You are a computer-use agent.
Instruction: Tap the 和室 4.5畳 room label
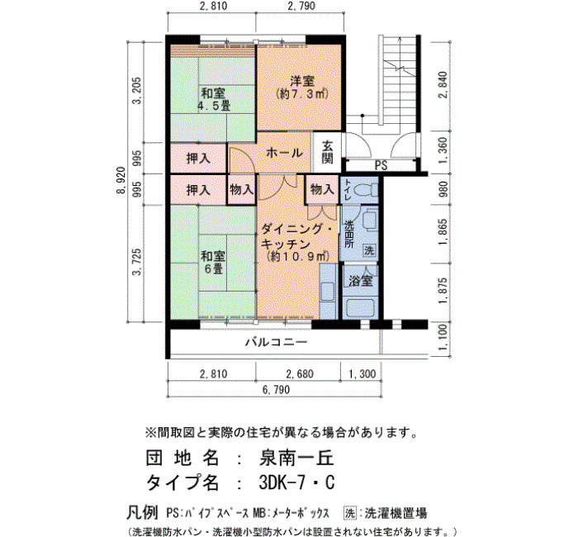[213, 99]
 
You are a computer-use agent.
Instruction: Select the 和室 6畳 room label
[213, 262]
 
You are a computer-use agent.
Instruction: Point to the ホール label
[284, 152]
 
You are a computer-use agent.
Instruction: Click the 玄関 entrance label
[327, 152]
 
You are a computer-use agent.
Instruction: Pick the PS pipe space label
[381, 165]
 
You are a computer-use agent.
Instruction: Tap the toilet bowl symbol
[366, 190]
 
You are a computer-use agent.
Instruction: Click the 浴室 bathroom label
[361, 281]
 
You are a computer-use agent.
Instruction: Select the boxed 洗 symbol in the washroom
[369, 250]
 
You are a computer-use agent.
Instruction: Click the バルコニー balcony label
[277, 342]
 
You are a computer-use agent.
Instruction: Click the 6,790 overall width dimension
[277, 389]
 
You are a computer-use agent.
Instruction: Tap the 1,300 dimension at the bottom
[362, 374]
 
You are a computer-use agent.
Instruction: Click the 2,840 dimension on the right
[443, 84]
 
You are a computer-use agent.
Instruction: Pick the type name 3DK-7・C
[296, 482]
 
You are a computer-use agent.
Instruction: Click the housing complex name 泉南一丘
[296, 458]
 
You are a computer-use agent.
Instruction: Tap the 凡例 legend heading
[142, 512]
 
